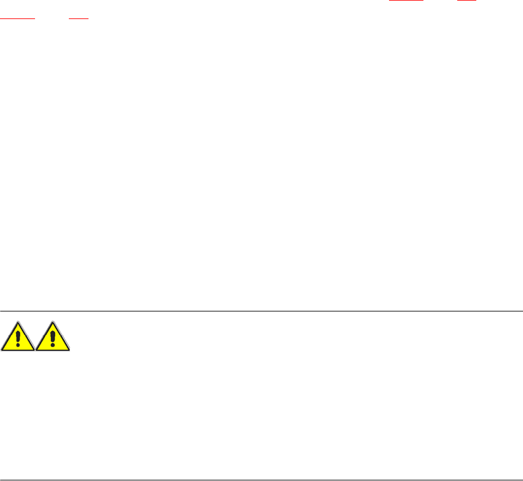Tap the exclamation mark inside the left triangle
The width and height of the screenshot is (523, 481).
(18, 338)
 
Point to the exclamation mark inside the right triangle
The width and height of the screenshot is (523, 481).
(53, 338)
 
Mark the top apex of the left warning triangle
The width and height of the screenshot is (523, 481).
(18, 321)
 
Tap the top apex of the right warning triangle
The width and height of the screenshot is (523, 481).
(53, 321)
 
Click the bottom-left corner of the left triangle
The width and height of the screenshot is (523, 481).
(2, 350)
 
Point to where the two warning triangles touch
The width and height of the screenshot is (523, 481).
(36, 350)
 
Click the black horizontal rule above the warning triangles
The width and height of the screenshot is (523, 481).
(261, 311)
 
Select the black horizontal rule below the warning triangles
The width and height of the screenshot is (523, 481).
(261, 480)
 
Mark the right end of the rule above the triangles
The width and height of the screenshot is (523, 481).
(521, 311)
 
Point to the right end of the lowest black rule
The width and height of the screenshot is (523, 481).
(521, 480)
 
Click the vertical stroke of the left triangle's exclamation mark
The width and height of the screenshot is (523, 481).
(18, 336)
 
